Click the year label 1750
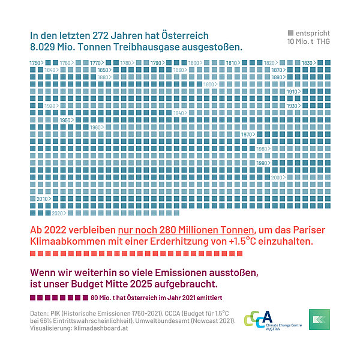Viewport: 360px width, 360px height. coord(35,63)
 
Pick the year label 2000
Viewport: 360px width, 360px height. coord(277,178)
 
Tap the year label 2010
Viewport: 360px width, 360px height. coord(42,199)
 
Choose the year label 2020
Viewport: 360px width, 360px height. coord(58,213)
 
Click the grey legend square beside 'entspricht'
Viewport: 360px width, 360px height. coord(291,32)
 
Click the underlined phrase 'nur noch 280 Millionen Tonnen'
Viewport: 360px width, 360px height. coord(187,230)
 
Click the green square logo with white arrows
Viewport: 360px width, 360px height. coord(319,319)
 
